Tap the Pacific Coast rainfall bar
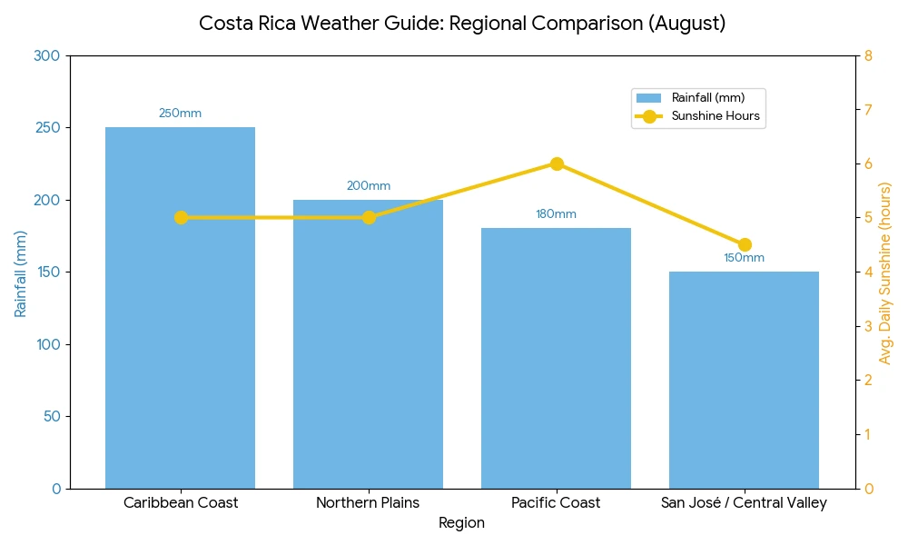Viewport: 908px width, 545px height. [x=556, y=363]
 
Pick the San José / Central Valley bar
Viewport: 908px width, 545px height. [x=744, y=381]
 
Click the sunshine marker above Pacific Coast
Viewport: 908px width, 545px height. [x=557, y=163]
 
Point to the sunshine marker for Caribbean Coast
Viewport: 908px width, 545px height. [x=181, y=218]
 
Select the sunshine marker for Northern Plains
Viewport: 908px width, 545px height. [x=369, y=218]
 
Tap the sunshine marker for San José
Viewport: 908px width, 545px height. [x=745, y=244]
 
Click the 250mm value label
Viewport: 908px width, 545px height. [x=180, y=114]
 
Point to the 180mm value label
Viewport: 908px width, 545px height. [x=556, y=214]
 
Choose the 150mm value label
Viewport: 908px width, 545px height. [x=744, y=258]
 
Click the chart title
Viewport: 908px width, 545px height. [x=462, y=24]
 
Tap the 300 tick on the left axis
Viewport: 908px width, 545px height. [x=46, y=56]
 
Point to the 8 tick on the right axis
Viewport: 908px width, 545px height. [x=868, y=56]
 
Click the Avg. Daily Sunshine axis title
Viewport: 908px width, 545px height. [x=885, y=272]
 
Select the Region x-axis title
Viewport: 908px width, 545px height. [x=461, y=523]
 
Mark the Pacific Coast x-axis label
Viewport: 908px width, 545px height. [x=556, y=503]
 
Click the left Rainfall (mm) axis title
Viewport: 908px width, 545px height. [x=20, y=272]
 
